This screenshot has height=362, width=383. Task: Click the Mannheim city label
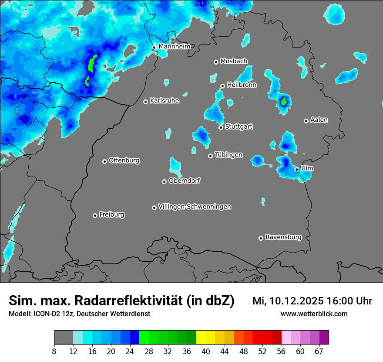[175, 46]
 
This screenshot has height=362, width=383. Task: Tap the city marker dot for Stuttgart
[221, 127]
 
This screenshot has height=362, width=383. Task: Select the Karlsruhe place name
[165, 101]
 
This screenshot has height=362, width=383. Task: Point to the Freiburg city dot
[95, 215]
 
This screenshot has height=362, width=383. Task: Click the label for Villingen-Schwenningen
[195, 207]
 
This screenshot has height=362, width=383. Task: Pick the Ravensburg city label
[283, 237]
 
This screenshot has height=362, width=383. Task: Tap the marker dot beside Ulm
[296, 169]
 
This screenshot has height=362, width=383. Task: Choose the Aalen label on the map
[319, 120]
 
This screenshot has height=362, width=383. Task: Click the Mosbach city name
[234, 61]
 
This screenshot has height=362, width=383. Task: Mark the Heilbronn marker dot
[222, 86]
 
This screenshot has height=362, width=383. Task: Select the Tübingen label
[228, 155]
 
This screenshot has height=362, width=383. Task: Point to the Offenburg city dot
[104, 161]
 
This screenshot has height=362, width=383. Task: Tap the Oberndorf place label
[184, 181]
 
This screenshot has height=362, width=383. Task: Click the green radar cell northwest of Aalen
[284, 102]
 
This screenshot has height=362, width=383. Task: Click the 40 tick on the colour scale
[206, 351]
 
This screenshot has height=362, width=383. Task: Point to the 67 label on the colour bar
[319, 351]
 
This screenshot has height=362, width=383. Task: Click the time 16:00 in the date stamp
[333, 301]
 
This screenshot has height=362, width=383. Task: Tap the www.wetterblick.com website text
[314, 314]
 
